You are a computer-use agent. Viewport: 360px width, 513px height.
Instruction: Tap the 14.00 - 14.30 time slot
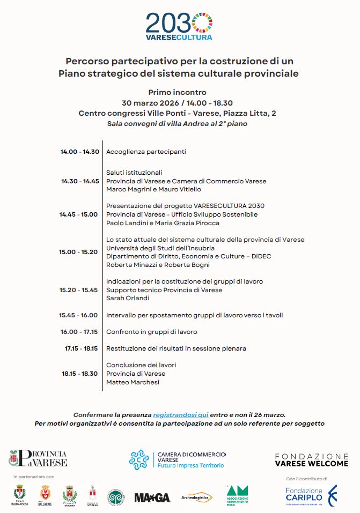click(x=79, y=152)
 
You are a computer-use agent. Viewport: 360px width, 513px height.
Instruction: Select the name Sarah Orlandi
click(x=128, y=298)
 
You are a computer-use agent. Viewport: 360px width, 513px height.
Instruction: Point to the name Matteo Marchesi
click(x=134, y=382)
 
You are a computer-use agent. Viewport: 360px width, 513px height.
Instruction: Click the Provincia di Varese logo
click(x=38, y=458)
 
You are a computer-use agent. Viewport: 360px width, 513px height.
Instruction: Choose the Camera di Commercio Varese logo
click(x=177, y=459)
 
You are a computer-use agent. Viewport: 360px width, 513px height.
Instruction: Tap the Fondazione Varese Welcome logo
click(x=311, y=459)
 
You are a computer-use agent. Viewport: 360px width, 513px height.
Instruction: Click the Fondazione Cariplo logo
click(x=311, y=496)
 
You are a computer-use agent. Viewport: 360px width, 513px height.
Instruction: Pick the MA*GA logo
click(x=152, y=497)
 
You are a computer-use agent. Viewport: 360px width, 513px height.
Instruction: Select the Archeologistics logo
click(x=197, y=497)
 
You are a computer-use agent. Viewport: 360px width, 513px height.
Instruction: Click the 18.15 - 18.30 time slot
click(x=79, y=374)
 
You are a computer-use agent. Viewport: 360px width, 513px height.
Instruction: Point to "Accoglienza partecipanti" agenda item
click(x=146, y=152)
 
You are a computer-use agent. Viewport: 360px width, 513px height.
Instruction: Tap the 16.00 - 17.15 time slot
click(x=79, y=332)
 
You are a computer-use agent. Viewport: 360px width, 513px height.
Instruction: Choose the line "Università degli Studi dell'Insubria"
click(x=160, y=248)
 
